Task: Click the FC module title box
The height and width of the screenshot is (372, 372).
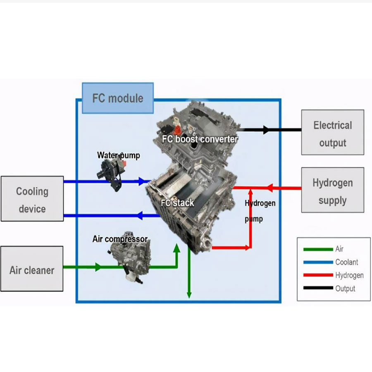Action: [118, 98]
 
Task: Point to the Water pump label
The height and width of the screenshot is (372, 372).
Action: [119, 155]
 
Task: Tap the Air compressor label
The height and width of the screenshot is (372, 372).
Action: [120, 239]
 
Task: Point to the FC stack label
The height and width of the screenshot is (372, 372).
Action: [178, 203]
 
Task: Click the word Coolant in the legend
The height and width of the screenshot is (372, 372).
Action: [346, 262]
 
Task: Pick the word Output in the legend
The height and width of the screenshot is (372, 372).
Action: [345, 288]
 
